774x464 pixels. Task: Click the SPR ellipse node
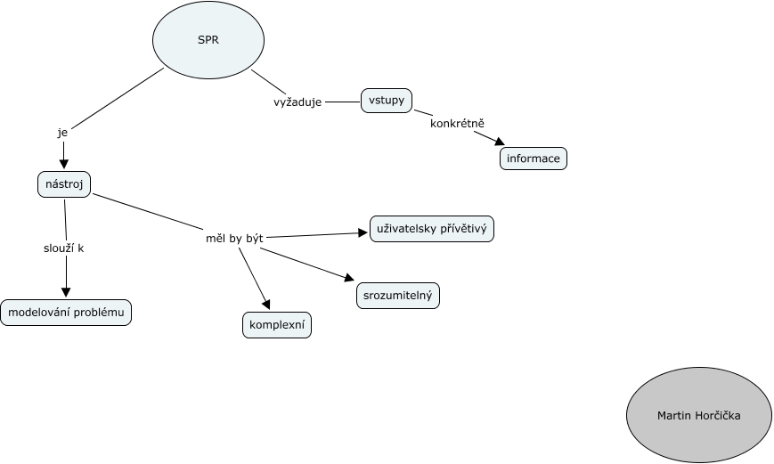[x=208, y=40]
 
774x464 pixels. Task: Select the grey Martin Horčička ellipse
[x=698, y=415]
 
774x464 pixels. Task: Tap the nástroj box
[x=65, y=184]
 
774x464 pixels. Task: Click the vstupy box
[x=387, y=101]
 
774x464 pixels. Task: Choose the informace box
[x=534, y=159]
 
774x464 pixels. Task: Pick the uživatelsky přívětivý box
[x=431, y=229]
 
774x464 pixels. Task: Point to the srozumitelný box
[x=398, y=295]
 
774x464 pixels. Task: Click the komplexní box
[x=277, y=326]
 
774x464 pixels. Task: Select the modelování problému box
[x=66, y=313]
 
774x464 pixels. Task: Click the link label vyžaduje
[x=297, y=102]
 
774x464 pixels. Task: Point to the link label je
[x=62, y=132]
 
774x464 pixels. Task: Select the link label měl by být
[x=228, y=238]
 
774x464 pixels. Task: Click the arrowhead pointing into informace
[x=500, y=142]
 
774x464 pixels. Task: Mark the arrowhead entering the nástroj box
[x=64, y=164]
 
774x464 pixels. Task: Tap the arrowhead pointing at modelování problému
[x=65, y=293]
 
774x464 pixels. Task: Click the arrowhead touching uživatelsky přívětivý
[x=363, y=232]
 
